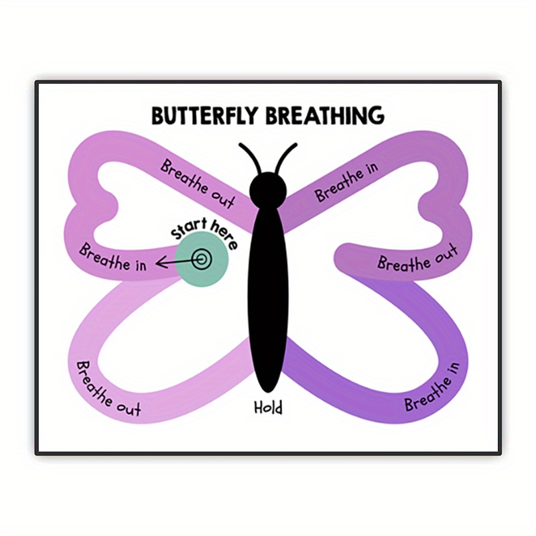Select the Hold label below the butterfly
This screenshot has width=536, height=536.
click(x=268, y=407)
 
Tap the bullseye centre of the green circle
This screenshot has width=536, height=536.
click(x=200, y=259)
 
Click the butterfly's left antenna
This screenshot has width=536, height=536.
click(x=250, y=159)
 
